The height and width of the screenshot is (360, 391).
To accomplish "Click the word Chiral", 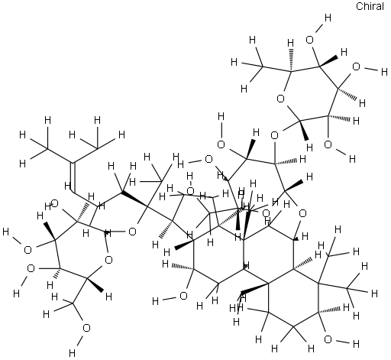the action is pos(370,6).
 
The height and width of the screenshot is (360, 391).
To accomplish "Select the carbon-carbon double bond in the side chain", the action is pos(73,177).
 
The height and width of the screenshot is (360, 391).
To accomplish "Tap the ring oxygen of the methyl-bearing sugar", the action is pos(280,99).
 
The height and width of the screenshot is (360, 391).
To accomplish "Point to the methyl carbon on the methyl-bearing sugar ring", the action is pos(262,66).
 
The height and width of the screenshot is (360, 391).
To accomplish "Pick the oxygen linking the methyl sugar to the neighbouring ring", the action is pos(274,135).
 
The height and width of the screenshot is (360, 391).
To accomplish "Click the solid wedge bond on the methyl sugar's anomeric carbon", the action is pos(304,130).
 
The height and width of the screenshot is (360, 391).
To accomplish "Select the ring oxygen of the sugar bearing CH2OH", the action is pos(108,260).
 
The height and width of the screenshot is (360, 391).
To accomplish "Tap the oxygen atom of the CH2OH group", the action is pos(86,328).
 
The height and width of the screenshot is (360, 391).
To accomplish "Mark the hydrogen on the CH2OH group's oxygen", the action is pos(72,353).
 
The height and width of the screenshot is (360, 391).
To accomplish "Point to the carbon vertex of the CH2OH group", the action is pos(73,303).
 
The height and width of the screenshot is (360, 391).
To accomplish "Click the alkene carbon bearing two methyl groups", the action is pos(73,163).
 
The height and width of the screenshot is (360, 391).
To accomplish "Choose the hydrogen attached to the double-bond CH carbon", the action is pos(67,186).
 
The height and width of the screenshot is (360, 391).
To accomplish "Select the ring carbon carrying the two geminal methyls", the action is pos(318,283).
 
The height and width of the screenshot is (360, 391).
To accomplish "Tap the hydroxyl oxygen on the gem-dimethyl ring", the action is pos(328,339).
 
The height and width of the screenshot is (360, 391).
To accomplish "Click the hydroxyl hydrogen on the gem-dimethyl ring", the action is pos(356,344).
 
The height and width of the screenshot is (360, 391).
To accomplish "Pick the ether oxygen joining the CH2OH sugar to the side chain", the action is pos(132,232).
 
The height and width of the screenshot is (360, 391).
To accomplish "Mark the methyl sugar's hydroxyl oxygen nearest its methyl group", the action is pos(309,41).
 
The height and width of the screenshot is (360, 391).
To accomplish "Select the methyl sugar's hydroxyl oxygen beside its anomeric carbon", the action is pos(328,144).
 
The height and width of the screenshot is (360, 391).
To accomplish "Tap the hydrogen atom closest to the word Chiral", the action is pos(328,18).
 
